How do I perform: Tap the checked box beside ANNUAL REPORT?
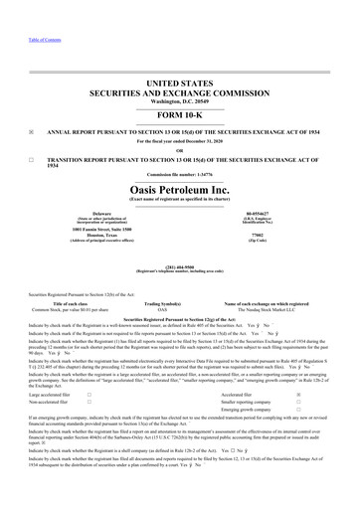(32, 128)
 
